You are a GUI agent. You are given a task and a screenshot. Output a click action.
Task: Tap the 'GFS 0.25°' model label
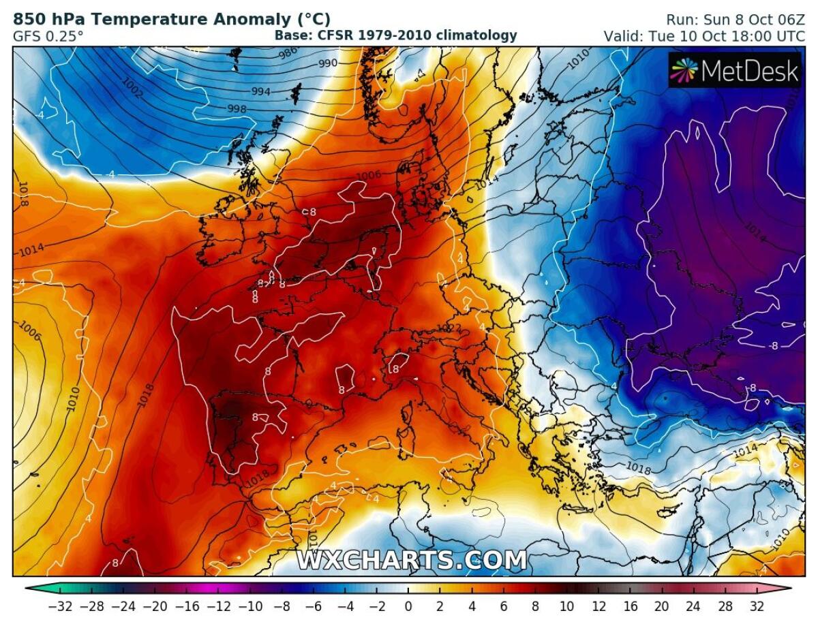(48, 35)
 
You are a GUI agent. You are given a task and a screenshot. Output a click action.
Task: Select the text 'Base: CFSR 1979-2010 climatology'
(395, 35)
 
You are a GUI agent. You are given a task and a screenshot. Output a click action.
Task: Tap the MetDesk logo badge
(735, 70)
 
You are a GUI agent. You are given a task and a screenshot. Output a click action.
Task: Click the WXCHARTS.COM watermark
(412, 560)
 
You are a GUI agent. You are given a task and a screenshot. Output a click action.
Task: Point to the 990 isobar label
(328, 63)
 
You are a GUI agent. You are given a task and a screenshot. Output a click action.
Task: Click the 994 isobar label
(261, 92)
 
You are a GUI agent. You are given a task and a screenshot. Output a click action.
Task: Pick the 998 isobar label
(237, 108)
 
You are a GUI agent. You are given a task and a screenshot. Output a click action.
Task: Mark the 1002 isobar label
(134, 89)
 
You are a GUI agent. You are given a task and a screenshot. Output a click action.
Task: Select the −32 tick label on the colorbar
(60, 606)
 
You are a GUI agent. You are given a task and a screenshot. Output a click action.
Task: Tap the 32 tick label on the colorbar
(756, 606)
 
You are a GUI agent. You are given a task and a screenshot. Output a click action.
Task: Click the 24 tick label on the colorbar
(697, 606)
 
